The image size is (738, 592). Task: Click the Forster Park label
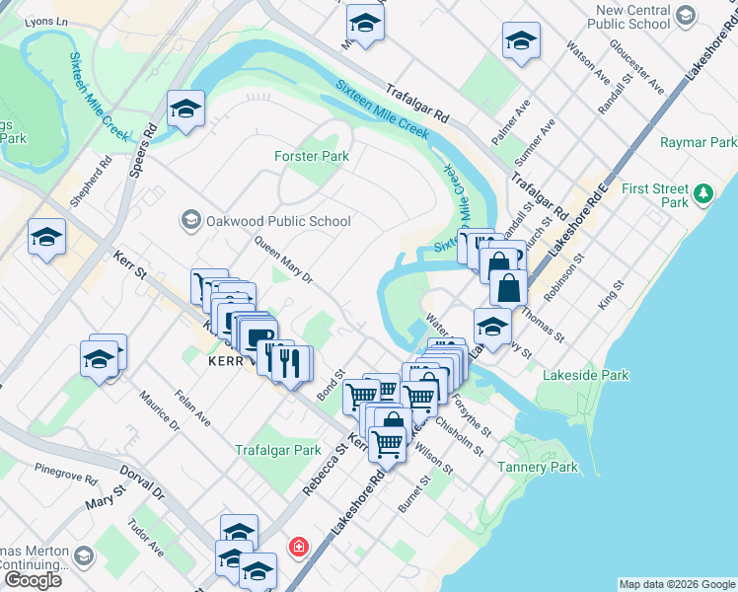pos(311,156)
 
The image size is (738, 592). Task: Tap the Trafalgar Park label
pos(278,450)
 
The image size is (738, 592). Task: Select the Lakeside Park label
pos(586,375)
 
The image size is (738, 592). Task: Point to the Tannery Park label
pos(538,467)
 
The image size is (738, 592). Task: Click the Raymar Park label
pos(698,142)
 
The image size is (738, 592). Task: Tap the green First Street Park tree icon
pos(703,193)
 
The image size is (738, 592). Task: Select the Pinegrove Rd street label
pos(66,474)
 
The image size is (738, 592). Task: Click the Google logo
pos(33,580)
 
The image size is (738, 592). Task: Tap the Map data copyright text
pos(676,584)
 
